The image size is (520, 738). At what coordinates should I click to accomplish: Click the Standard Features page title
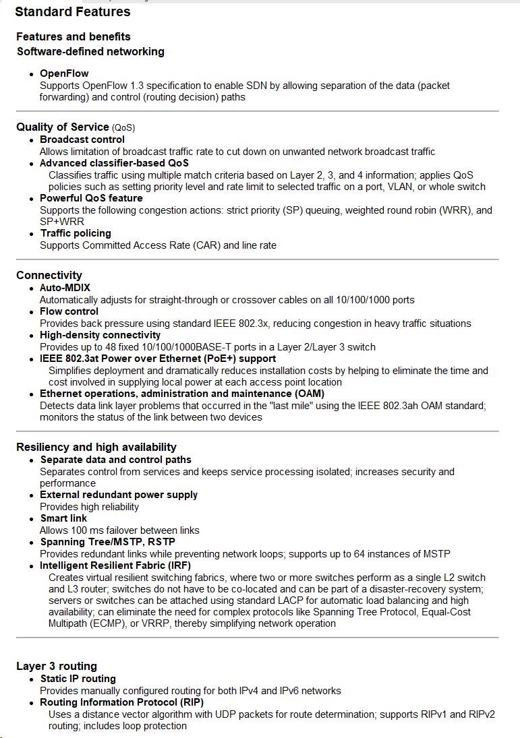pyautogui.click(x=73, y=11)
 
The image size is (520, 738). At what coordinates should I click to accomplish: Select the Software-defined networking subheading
pyautogui.click(x=90, y=51)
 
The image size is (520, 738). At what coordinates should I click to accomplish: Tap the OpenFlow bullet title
pyautogui.click(x=64, y=73)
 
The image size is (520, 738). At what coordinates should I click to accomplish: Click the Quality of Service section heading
pyautogui.click(x=63, y=127)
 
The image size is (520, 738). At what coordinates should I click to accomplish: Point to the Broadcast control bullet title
pyautogui.click(x=82, y=140)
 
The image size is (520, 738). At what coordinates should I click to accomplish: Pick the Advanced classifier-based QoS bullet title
pyautogui.click(x=114, y=163)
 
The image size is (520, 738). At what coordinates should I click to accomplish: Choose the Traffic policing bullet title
pyautogui.click(x=76, y=233)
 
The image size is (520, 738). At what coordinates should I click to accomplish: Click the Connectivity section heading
pyautogui.click(x=49, y=275)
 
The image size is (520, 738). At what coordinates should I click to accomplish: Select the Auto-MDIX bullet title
pyautogui.click(x=65, y=288)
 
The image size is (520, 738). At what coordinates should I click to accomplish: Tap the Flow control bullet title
pyautogui.click(x=69, y=311)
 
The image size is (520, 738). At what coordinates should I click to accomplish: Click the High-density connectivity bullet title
pyautogui.click(x=100, y=335)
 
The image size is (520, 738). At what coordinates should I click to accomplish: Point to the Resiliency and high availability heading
pyautogui.click(x=96, y=447)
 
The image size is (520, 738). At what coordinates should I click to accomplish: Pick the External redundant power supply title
pyautogui.click(x=119, y=495)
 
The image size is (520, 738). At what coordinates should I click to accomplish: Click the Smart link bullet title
pyautogui.click(x=63, y=518)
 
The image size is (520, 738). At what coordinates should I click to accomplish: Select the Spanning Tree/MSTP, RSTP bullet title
pyautogui.click(x=108, y=542)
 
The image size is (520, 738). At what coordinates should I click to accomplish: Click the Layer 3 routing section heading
pyautogui.click(x=57, y=666)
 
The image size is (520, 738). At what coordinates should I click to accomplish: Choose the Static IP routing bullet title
pyautogui.click(x=78, y=679)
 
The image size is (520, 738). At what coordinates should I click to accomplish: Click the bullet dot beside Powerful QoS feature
pyautogui.click(x=32, y=199)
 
